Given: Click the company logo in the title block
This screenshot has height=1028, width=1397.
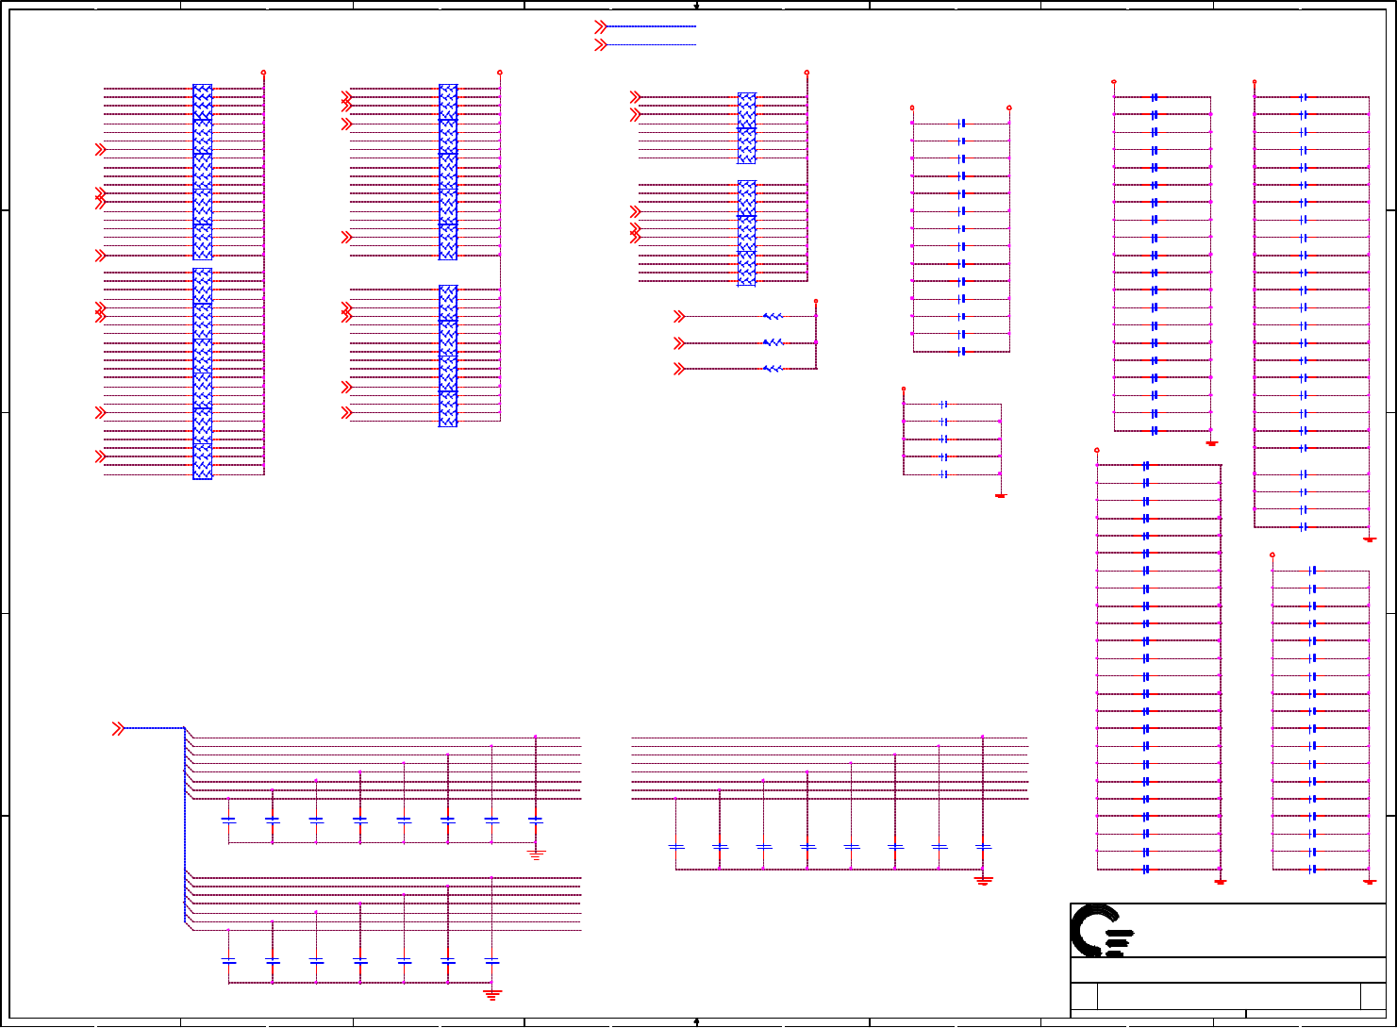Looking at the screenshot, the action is [1101, 931].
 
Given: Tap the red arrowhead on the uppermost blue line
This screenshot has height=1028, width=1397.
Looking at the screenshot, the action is [600, 26].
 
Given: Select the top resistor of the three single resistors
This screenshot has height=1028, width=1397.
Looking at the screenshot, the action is [773, 316].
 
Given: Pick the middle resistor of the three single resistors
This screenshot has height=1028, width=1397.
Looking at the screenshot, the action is [773, 342].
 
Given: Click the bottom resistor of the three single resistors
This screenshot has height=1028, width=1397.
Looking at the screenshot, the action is [773, 369].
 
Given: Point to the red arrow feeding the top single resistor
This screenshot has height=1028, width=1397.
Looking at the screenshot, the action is [679, 316].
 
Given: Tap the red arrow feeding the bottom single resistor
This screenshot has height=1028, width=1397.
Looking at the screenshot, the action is [679, 369].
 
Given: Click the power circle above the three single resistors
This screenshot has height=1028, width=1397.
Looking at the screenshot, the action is [816, 301].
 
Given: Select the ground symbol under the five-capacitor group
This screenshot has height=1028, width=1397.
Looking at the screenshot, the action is [1001, 494].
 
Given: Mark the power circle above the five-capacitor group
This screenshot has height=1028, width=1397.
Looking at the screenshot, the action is [904, 389].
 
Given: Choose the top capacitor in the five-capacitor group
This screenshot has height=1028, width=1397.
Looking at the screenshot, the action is [944, 405].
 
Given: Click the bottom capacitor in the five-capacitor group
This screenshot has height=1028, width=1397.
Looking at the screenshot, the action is [944, 474].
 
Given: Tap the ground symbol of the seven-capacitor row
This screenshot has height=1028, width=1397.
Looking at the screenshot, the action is [491, 992].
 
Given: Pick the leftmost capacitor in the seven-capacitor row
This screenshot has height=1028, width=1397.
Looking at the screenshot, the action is [228, 961].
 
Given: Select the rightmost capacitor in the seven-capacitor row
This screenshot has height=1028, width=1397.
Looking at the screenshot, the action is [491, 961].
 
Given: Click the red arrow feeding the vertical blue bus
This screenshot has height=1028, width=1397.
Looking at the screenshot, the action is [118, 728].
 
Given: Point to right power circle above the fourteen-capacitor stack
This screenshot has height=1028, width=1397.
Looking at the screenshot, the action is [1008, 108].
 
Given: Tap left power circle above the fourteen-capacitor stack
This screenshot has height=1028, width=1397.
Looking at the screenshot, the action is [912, 108].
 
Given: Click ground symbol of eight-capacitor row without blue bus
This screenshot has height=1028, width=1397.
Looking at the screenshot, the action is [983, 880].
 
